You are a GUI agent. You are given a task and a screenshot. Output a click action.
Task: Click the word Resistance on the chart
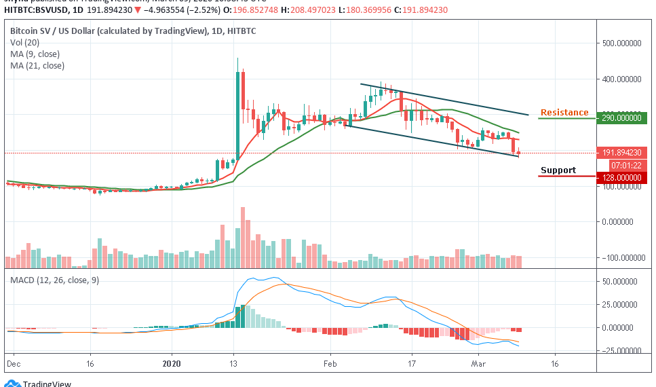564,113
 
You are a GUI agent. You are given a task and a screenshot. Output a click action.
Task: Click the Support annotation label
558,170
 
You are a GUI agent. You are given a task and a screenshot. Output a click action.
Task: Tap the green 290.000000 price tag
621,118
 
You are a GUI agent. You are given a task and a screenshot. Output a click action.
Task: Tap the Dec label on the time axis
14,364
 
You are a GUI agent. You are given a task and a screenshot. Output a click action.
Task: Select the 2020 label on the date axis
172,364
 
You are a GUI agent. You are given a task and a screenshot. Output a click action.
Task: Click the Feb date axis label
330,364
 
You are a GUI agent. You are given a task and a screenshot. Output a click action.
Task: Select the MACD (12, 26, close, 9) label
54,280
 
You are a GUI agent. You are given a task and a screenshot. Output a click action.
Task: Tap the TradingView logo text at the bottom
47,384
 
